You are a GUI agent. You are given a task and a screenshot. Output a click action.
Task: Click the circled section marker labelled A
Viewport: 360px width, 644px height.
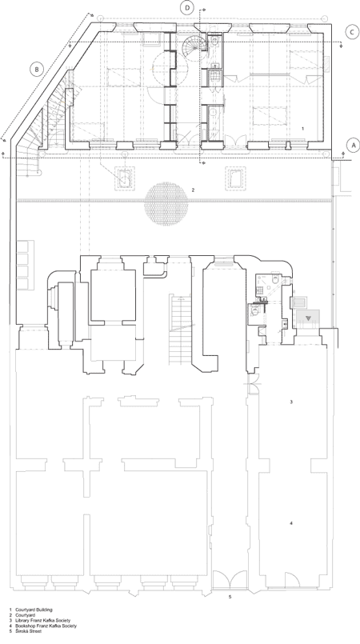[x=353, y=145]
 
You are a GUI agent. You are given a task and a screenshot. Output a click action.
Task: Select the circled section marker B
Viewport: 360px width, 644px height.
[x=37, y=70]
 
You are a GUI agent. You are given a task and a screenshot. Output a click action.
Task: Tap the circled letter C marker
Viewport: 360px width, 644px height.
[x=352, y=33]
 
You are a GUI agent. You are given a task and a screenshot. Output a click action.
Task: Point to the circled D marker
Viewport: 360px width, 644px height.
[x=187, y=8]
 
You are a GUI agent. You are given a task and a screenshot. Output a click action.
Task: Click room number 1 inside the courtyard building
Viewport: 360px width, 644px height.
[x=303, y=129]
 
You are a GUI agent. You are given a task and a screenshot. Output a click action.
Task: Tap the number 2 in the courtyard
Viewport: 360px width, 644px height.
[x=193, y=190]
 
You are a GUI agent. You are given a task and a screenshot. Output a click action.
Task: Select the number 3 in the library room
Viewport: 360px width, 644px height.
[x=291, y=402]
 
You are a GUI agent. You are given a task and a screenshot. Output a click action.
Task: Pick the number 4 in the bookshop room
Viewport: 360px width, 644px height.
[x=291, y=523]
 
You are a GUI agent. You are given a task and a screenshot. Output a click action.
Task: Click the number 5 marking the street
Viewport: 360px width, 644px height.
[x=230, y=596]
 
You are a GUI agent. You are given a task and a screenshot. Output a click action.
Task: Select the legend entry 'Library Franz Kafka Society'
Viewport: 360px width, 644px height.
[x=43, y=620]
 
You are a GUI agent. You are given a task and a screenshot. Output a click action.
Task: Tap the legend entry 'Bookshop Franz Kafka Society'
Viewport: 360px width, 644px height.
[x=46, y=626]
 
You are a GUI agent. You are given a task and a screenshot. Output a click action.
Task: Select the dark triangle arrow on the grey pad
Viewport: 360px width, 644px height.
[x=308, y=317]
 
